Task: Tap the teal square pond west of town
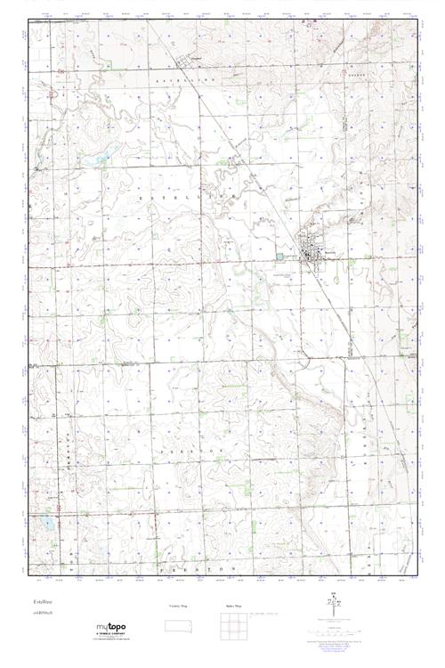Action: tap(282, 257)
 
